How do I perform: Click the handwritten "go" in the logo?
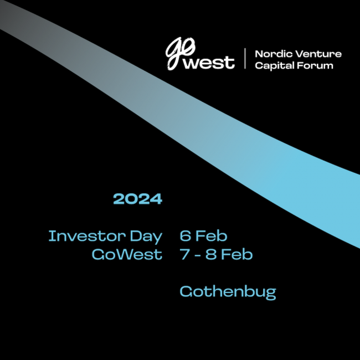point(179,53)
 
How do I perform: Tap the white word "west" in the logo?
point(209,62)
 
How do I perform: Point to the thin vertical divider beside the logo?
point(245,58)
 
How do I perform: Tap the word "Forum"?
point(315,65)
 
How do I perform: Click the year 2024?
point(138,199)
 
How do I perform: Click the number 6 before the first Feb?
point(186,236)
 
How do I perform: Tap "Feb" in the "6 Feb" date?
point(211,236)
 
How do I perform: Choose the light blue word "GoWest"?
point(127,254)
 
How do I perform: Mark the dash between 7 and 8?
point(198,255)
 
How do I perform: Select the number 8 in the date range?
point(211,254)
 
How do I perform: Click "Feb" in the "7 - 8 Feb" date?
point(236,254)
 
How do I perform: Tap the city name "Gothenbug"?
point(228,292)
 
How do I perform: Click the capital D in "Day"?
point(136,236)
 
